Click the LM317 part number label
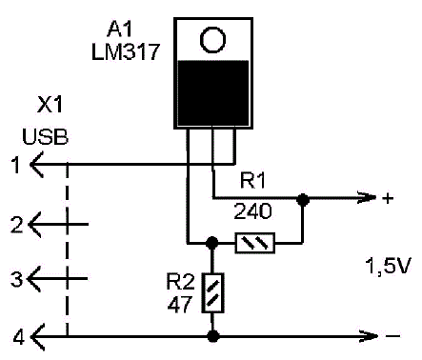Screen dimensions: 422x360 coord(126,51)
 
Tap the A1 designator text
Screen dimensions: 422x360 coord(120,30)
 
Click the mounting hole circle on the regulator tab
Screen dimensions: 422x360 coord(212,40)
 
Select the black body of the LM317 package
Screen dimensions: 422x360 coord(213,93)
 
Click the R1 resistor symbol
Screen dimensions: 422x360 coord(255,243)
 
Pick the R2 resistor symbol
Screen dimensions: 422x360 coord(212,292)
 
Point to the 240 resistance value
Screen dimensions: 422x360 coord(252,211)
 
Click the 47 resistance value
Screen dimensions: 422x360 coord(180,305)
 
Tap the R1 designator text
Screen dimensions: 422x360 coord(252,181)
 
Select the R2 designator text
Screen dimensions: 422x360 coord(180,282)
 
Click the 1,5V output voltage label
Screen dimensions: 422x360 coord(389,266)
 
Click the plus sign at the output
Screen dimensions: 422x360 coord(388,198)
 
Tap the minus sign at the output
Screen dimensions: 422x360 coord(393,336)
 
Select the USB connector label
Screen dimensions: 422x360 coord(45,137)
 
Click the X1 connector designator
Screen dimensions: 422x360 coord(50,105)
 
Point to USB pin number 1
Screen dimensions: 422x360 coord(15,165)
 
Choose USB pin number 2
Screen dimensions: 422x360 coord(16,225)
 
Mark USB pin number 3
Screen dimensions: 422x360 coord(16,279)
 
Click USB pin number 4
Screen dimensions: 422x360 coord(18,337)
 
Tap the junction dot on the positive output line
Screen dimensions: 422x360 coord(303,200)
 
